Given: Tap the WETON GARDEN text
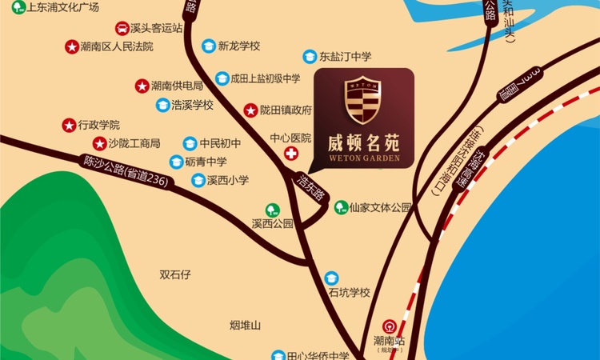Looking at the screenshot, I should (364, 158).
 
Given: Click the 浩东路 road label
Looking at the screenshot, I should (310, 189).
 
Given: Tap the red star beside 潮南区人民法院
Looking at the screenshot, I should (72, 46).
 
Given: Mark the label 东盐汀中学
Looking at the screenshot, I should (346, 57).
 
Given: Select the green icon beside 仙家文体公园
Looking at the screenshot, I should (340, 207).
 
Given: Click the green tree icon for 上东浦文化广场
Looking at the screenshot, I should (18, 7).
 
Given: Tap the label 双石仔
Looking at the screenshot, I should (175, 274).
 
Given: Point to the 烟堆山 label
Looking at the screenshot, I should (245, 326).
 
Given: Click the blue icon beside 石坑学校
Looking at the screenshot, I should (331, 278).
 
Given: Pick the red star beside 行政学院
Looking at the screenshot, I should (69, 125).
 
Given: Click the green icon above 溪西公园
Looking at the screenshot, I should (272, 210).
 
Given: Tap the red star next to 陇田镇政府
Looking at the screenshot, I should (250, 110).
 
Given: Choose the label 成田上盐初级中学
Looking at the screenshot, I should (265, 78).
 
